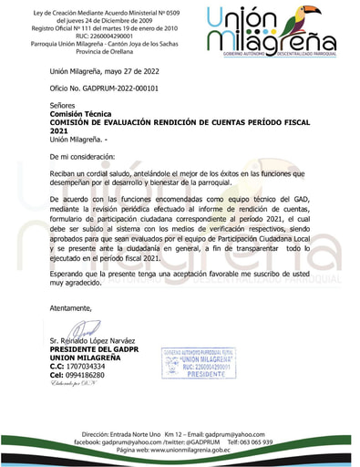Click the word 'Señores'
click(65, 105)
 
